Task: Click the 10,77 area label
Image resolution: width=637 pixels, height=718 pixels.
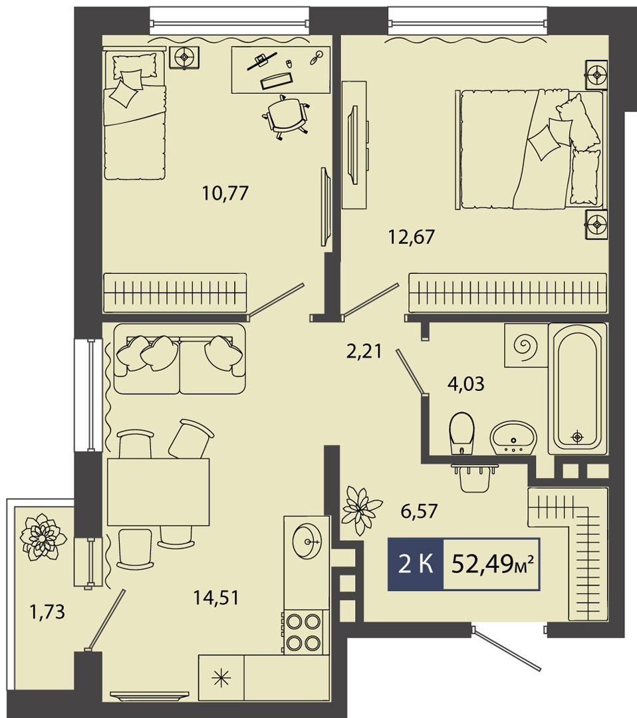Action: (225, 193)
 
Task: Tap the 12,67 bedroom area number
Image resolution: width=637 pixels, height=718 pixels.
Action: (411, 237)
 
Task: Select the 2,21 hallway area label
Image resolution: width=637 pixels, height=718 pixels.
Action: (364, 352)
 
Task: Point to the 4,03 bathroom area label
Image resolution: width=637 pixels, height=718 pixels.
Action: (465, 384)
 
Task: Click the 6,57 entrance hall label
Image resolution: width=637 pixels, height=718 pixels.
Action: (420, 510)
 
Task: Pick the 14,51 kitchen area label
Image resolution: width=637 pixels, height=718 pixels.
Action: (216, 598)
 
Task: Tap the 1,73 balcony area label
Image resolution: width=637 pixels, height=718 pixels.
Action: (47, 612)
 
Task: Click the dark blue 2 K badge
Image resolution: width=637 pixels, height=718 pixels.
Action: (416, 564)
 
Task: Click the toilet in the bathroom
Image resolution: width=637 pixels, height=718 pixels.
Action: (462, 433)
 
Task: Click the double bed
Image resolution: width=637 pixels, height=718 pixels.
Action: (531, 150)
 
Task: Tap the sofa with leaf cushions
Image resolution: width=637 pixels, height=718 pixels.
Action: (180, 360)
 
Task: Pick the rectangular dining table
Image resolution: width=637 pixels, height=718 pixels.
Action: (158, 491)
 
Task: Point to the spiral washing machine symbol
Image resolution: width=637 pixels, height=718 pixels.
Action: (526, 345)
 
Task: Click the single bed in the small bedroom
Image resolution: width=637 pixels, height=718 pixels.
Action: (134, 116)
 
